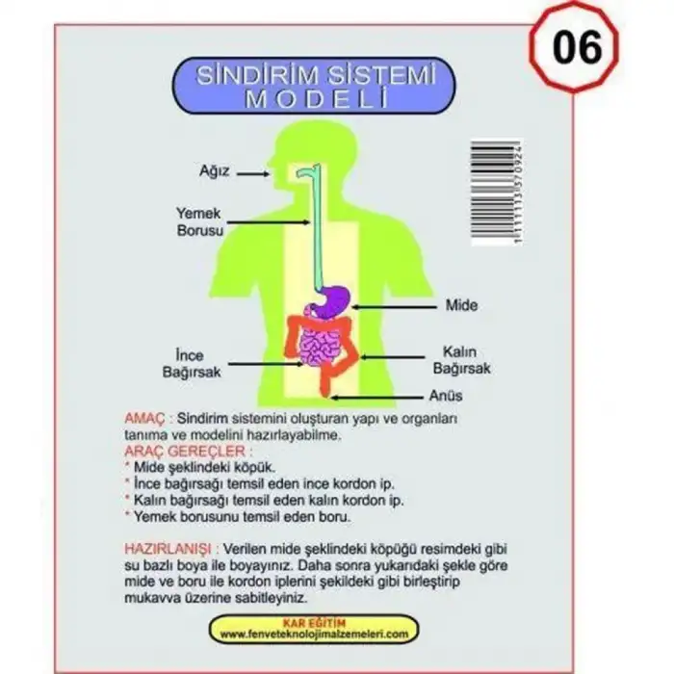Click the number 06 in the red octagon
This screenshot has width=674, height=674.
[x=578, y=46]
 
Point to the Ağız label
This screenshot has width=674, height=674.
[x=215, y=174]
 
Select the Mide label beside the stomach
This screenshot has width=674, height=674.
[x=460, y=305]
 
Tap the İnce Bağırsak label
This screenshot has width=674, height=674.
[x=196, y=361]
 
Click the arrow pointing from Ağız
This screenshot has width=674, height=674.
[x=253, y=174]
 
